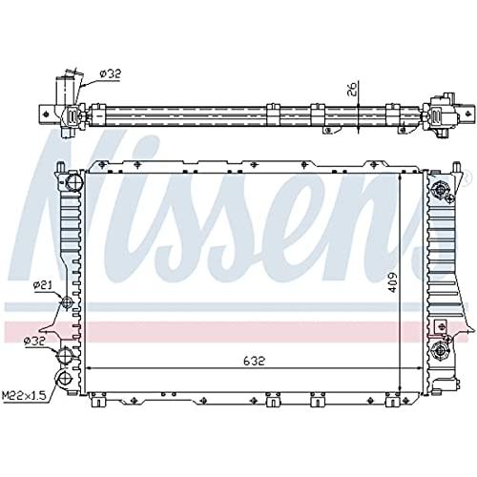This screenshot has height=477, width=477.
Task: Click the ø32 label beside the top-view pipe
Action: click(x=111, y=73)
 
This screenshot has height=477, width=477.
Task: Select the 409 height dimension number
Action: click(x=392, y=281)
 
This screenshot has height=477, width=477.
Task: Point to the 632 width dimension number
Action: click(x=254, y=361)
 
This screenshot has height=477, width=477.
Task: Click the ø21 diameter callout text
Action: click(x=44, y=285)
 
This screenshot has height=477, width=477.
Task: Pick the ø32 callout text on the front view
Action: click(x=35, y=341)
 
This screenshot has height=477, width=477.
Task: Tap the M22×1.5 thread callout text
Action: click(x=24, y=396)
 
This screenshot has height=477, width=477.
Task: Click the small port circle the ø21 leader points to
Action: click(x=67, y=302)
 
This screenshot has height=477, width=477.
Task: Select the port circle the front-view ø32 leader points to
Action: click(x=65, y=355)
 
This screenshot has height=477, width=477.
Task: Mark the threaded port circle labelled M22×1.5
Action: click(x=65, y=378)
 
